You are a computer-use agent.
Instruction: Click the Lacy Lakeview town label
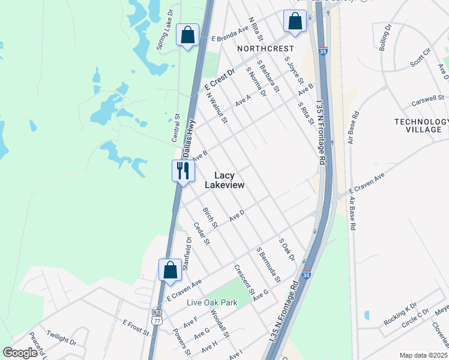tap(224, 180)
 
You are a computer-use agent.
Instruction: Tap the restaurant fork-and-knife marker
tap(182, 171)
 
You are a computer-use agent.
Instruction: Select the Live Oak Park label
tap(212, 302)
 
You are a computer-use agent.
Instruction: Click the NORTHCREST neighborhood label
tap(265, 48)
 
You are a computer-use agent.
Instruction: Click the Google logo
tap(20, 353)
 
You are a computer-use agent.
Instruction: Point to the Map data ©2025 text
tap(423, 355)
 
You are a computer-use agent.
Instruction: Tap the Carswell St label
tap(429, 97)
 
